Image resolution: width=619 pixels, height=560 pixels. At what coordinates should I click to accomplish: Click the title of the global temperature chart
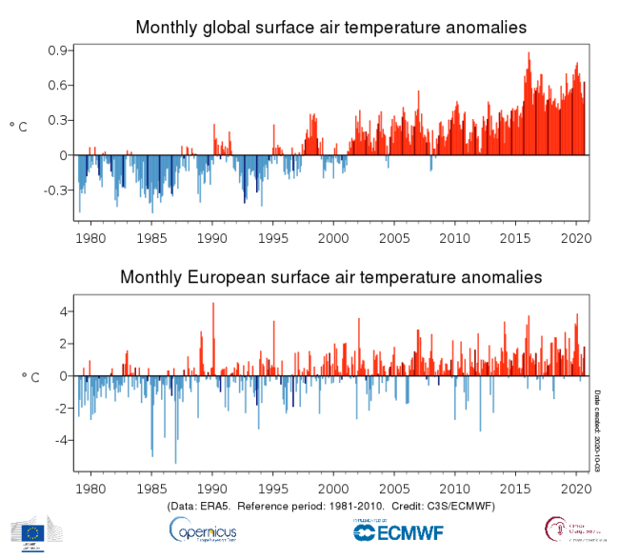pos(330,27)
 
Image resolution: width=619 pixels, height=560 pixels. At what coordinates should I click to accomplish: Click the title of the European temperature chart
pos(330,277)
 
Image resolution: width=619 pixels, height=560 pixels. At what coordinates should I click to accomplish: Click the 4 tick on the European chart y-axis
pos(62,311)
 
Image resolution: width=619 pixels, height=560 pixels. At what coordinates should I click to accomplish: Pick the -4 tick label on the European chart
pos(59,440)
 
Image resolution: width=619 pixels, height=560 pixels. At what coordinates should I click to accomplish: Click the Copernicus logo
pos(204,530)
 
